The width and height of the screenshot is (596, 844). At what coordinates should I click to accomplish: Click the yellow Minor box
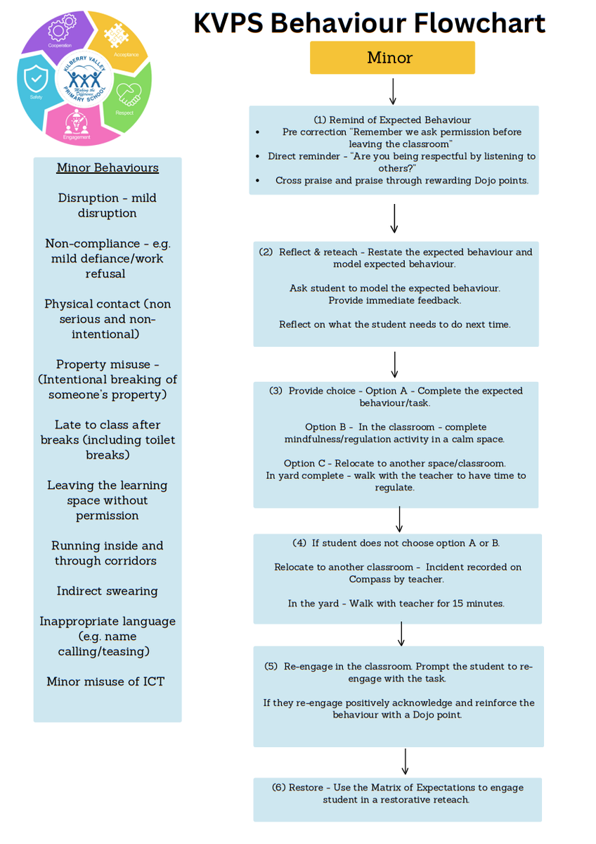click(392, 58)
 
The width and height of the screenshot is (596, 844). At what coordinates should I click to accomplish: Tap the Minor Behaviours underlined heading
click(108, 168)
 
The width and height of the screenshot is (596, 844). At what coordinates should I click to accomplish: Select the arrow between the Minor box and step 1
click(392, 91)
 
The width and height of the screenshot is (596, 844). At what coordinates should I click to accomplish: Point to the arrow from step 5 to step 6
click(406, 762)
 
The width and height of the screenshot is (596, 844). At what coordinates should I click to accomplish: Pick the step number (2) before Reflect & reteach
click(266, 252)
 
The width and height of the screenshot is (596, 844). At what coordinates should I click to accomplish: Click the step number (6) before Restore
click(278, 788)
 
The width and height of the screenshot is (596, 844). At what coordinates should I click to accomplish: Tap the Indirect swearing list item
click(108, 591)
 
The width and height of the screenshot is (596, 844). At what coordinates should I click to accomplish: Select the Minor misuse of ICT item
click(105, 682)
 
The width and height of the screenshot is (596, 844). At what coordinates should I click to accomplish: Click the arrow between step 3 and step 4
click(399, 520)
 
